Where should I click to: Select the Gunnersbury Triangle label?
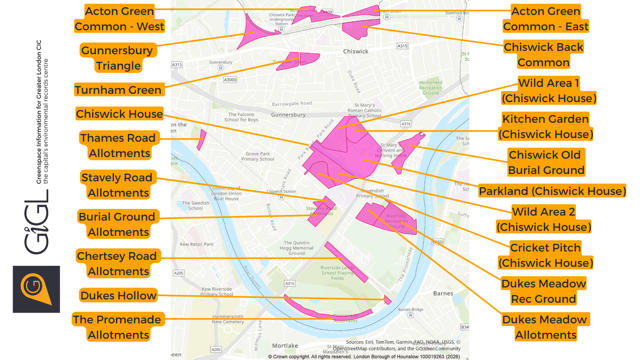point(118,58)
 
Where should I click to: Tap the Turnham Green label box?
point(118,90)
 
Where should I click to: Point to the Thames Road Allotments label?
point(118,145)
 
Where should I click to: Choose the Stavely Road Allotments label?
point(118,185)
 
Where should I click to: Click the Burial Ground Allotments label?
point(118,224)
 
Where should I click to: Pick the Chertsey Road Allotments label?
point(118,263)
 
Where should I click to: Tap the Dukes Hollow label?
point(118,295)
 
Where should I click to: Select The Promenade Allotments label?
point(118,327)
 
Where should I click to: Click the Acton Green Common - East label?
point(547,19)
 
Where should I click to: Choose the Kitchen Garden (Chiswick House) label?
point(547,126)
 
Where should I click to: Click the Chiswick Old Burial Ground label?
point(547,162)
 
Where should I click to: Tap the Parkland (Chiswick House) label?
point(552,191)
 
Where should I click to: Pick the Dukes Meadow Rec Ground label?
point(547,291)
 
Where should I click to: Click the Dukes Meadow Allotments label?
point(547,327)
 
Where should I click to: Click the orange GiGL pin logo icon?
point(35,288)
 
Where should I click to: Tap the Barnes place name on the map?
point(443,294)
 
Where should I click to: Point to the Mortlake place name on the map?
point(284,345)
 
